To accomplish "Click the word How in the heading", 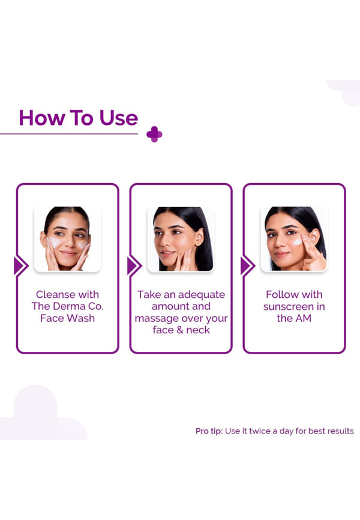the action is coord(42,118).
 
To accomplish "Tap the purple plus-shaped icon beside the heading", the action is coord(154,135).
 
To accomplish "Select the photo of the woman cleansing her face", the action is coord(67,239).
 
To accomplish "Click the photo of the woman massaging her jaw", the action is coord(181,239).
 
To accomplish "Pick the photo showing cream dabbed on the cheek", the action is coord(295,239).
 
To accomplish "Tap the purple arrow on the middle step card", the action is coord(134,266).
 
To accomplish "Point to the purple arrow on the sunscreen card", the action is coord(248,266).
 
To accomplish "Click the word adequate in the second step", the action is coord(202,295).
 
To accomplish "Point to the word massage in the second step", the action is coord(154,319).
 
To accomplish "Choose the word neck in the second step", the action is coord(198,330).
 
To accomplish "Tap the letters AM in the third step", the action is coord(304,318).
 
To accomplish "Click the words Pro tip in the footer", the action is coord(209,431).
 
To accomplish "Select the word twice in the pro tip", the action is coord(260,431).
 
